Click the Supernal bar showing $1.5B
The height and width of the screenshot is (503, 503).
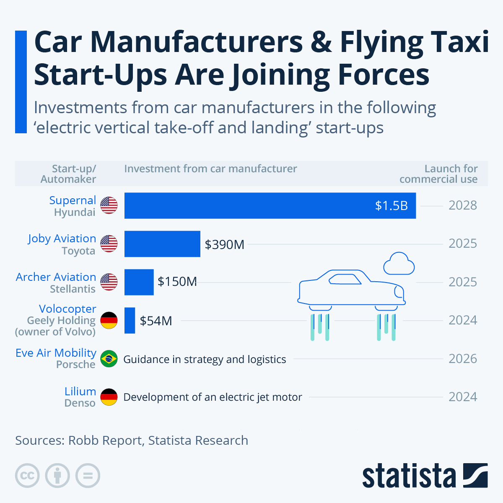pos(270,205)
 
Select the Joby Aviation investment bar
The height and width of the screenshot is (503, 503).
pos(162,244)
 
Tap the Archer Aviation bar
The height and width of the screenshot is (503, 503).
pos(139,282)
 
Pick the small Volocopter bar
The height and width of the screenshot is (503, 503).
pos(130,321)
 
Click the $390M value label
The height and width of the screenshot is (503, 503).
pos(224,244)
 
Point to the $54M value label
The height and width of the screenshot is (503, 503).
pos(156,321)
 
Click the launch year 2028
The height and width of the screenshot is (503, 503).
pos(462,205)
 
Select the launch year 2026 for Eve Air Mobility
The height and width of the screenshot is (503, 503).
pos(462,359)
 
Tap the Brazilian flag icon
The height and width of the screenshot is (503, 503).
pos(109,359)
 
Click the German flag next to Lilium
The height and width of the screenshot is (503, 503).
pos(109,397)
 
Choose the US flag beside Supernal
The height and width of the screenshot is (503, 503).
pos(109,205)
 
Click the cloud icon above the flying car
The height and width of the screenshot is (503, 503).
pos(399,264)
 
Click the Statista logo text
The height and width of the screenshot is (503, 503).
pos(409,476)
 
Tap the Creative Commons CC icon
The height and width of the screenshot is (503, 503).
pos(27,476)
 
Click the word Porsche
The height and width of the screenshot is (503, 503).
pos(76,365)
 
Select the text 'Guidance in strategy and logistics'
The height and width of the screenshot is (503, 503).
pos(205,359)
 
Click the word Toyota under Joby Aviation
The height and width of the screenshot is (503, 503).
pos(78,251)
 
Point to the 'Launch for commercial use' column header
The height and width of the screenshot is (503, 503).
pos(438,174)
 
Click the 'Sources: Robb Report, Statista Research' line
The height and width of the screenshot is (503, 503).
pos(132,441)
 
